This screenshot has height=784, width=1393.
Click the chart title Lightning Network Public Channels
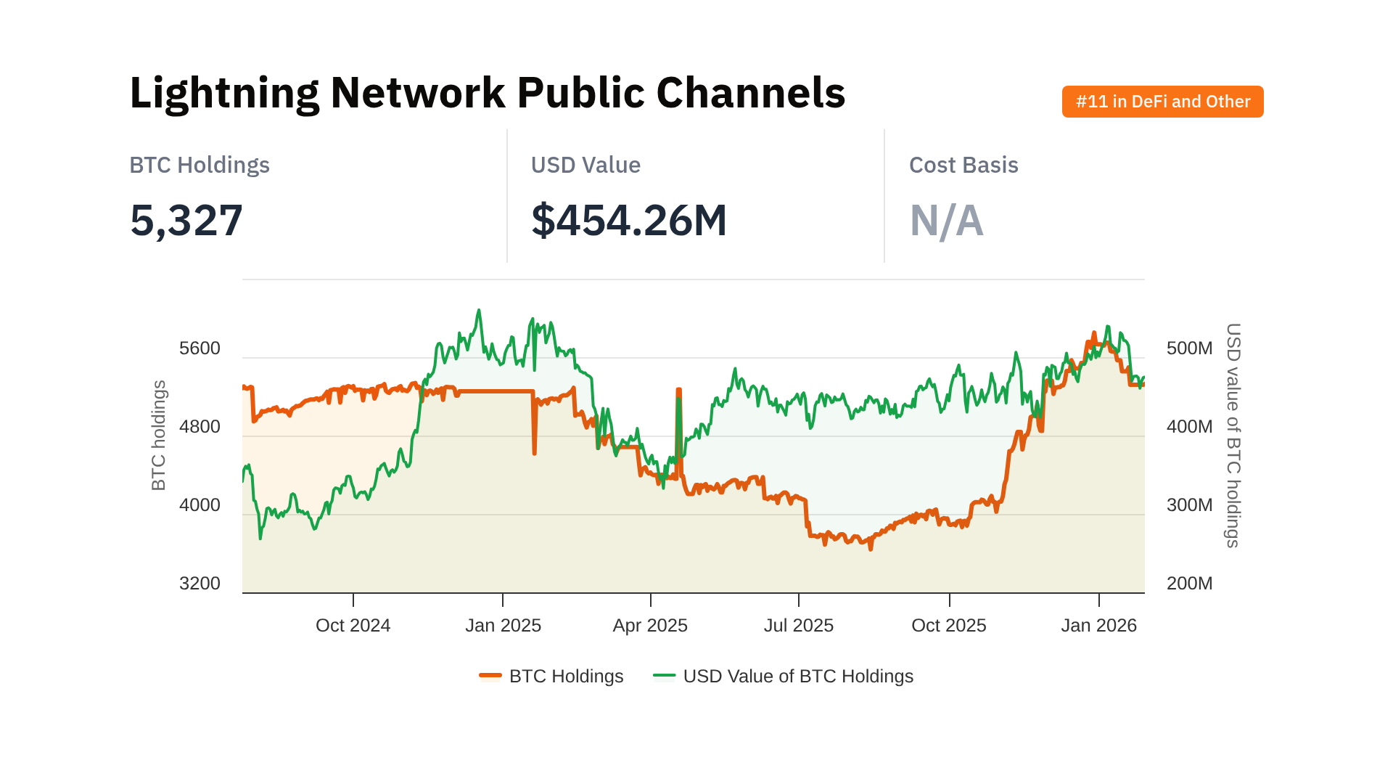487,93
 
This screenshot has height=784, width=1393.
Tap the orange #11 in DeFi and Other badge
1162,102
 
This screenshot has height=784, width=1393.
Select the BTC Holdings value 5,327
186,221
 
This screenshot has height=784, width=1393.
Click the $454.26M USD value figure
628,221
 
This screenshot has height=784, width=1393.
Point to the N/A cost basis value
946,221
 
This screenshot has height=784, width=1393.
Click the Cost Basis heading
963,166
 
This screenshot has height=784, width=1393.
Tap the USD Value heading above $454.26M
585,166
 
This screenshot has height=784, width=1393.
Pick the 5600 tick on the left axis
200,348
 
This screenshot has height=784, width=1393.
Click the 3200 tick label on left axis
200,584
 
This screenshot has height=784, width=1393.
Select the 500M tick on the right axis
1189,348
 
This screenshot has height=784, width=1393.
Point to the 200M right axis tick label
1189,584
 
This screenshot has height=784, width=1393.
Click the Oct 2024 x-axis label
353,626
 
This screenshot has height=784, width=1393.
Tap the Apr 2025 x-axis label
650,626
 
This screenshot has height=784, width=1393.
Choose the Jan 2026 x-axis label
1098,626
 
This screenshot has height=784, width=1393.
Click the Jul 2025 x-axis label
799,626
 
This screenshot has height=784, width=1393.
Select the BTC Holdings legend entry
551,677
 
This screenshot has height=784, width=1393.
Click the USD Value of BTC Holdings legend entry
784,677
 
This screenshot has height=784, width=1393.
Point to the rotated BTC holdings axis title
159,436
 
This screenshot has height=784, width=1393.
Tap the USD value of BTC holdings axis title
1233,436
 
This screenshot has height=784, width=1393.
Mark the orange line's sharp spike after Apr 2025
679,392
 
